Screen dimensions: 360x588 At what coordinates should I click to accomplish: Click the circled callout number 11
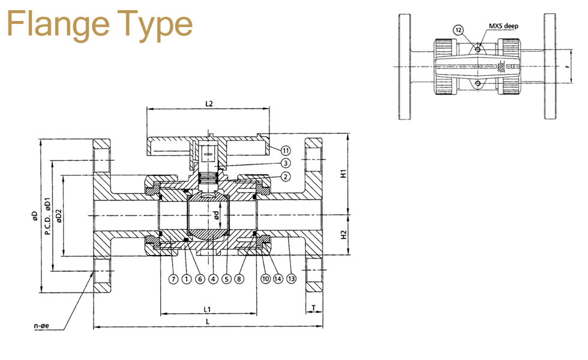[286, 149]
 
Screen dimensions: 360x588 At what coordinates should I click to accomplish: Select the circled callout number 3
[286, 163]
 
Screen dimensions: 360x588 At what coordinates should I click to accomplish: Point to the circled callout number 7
[172, 278]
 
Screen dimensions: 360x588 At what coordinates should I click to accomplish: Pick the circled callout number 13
[292, 278]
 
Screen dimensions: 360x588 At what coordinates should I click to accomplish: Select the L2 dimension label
[209, 103]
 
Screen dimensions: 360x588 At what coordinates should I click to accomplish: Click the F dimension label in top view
[567, 67]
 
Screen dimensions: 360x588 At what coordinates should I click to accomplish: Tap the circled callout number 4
[212, 278]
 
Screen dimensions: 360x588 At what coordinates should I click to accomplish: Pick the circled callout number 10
[264, 278]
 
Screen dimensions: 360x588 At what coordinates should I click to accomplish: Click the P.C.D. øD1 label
[47, 215]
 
